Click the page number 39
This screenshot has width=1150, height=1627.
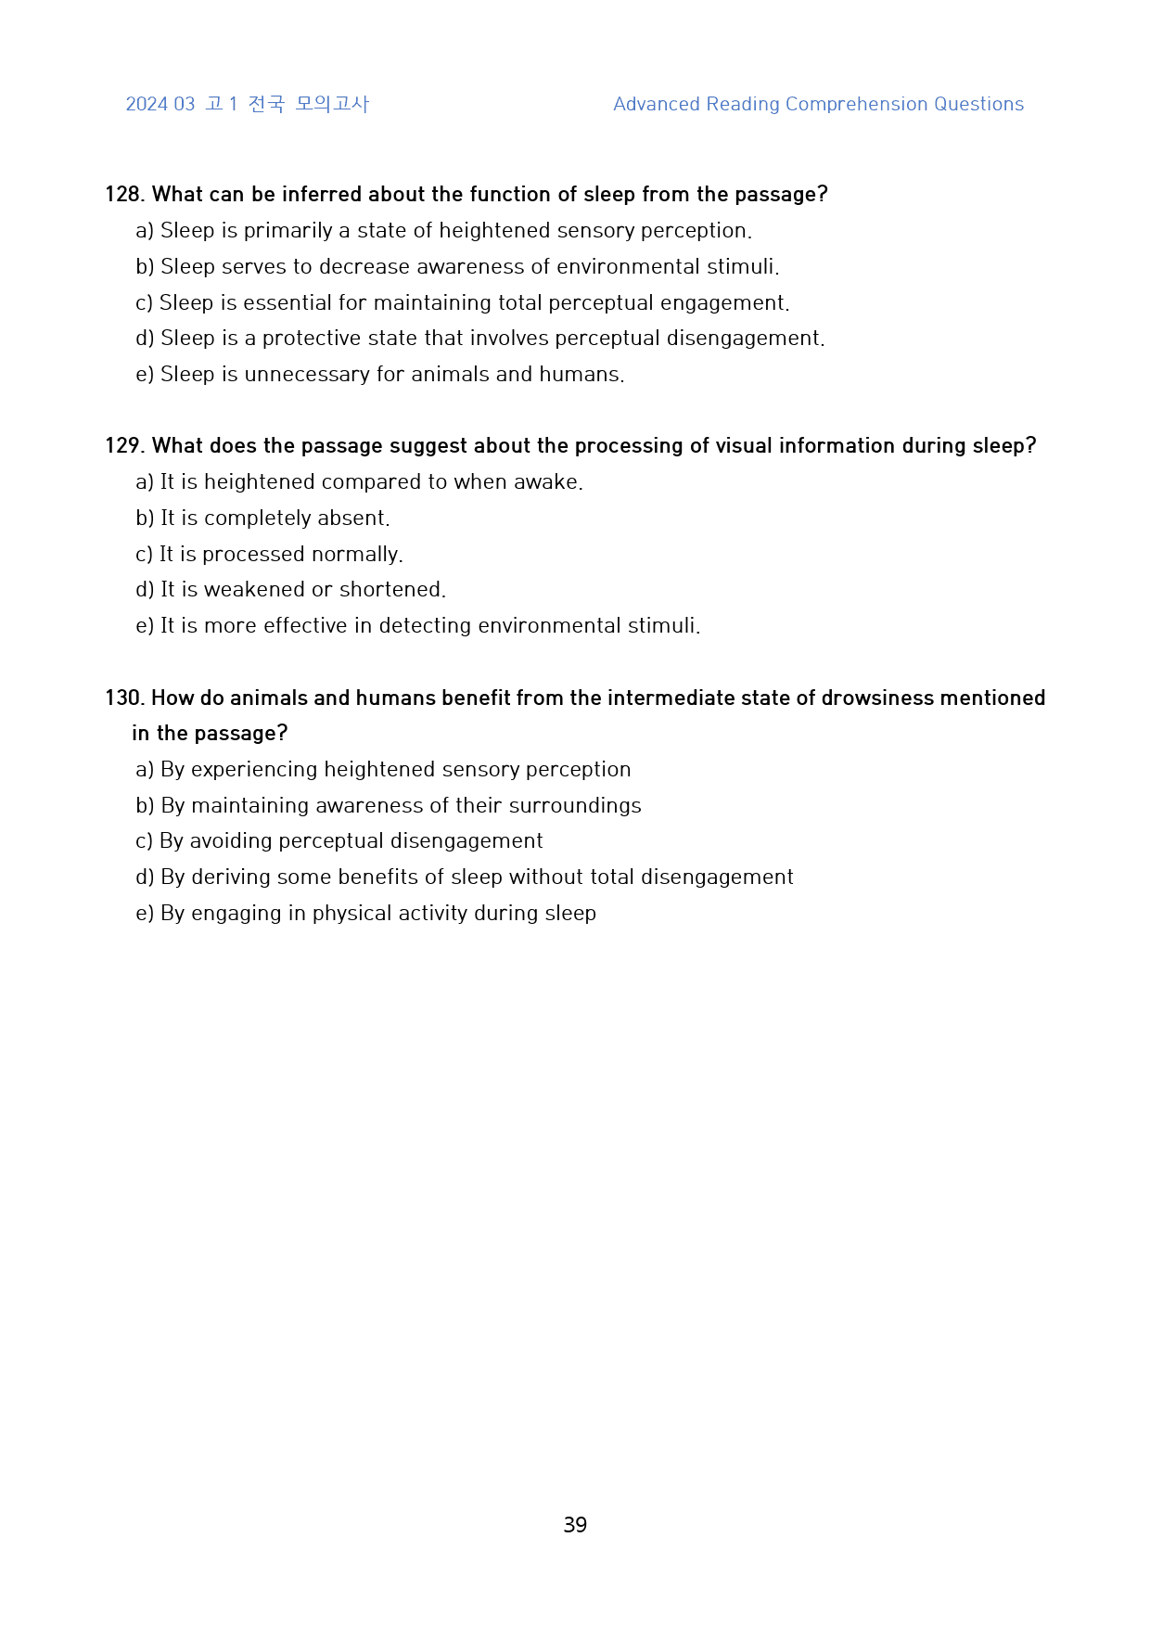tap(575, 1525)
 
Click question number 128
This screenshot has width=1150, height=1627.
tap(124, 195)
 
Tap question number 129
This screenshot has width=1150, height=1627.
tap(124, 446)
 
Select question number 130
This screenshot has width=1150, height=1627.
tap(124, 698)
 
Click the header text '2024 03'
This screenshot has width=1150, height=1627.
tap(160, 105)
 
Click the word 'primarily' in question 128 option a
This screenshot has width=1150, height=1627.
tap(287, 231)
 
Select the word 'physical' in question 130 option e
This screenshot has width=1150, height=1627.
tap(351, 914)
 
